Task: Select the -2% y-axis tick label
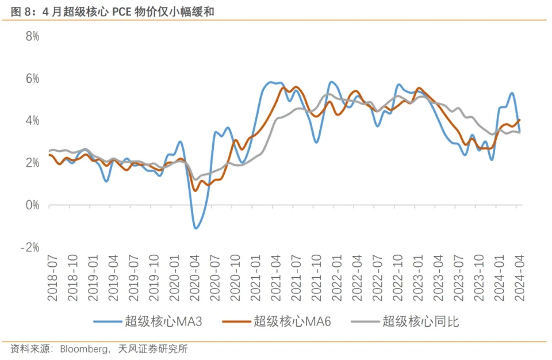[29, 247]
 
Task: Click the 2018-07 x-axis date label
[52, 279]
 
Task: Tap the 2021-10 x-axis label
[317, 279]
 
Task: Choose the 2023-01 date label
[418, 279]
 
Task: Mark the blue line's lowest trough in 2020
[197, 228]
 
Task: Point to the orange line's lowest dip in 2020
[195, 190]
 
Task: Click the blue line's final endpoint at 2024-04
[520, 131]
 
